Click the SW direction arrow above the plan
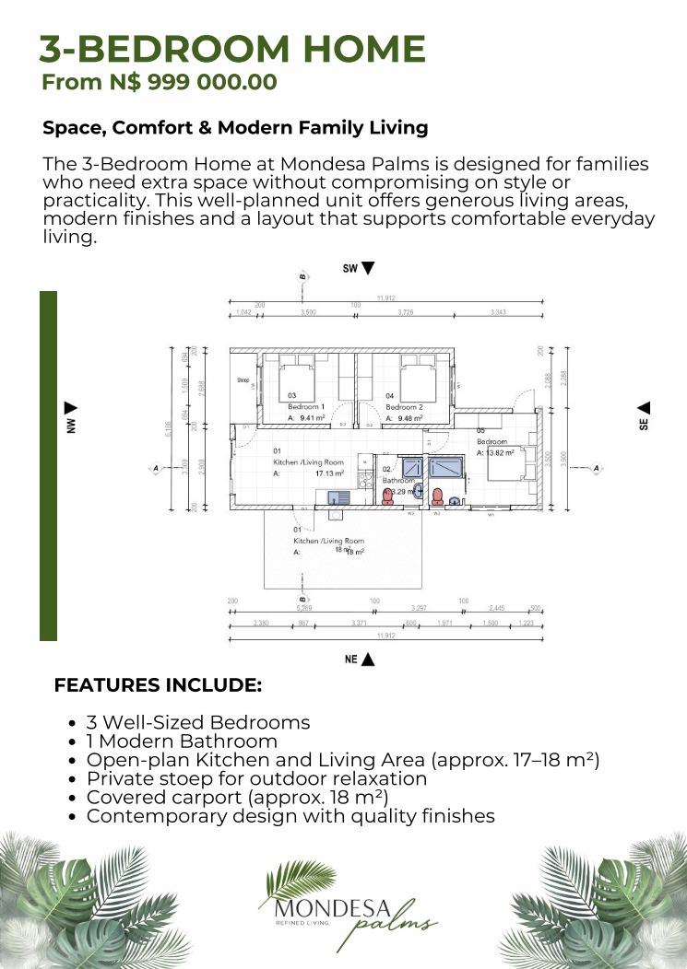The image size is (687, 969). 368,268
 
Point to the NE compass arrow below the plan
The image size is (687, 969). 368,660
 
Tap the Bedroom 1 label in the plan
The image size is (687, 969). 305,406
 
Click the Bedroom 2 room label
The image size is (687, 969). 404,406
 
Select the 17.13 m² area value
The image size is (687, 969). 329,473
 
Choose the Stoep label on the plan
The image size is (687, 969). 243,379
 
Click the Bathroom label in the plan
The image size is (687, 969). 398,480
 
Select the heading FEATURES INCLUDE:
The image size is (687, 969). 158,685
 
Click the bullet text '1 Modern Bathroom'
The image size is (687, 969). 182,741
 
